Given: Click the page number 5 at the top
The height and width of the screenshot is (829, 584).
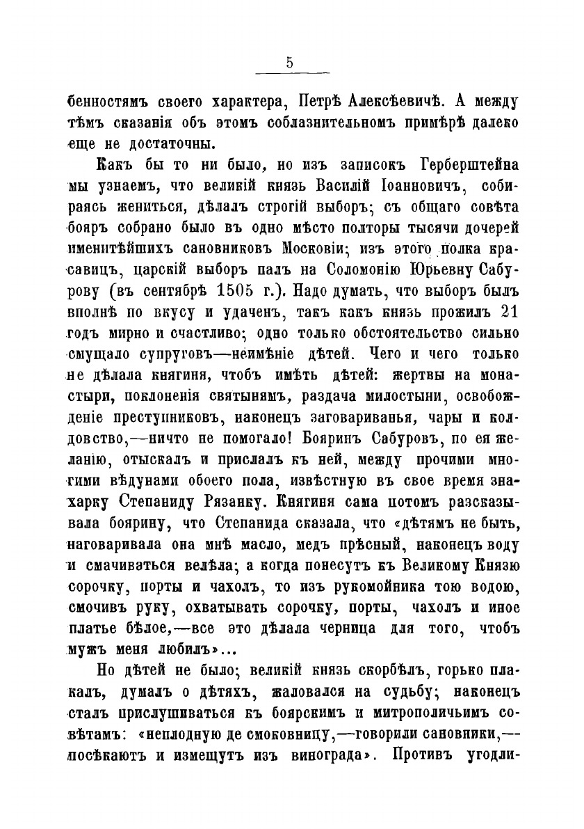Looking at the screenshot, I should (289, 62).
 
